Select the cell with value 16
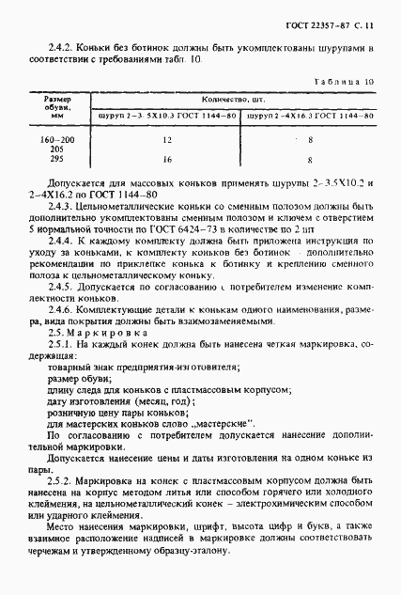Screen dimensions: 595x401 pos(167,160)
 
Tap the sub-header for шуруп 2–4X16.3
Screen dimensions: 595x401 pos(308,115)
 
